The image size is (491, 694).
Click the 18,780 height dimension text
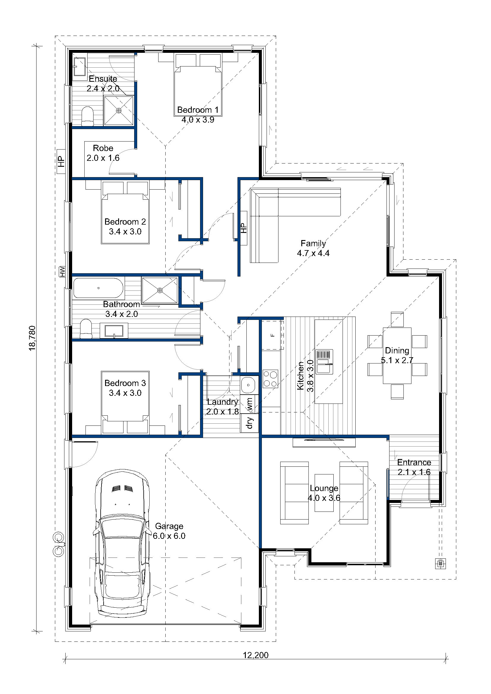point(32,338)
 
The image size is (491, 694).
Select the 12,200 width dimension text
point(256,655)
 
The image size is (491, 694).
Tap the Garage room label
point(169,526)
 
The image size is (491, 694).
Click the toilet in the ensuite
point(87,116)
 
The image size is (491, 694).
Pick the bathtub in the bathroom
point(98,288)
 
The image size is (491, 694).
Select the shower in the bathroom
point(160,290)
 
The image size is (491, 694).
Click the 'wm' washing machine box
point(249,404)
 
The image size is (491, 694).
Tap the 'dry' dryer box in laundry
point(249,423)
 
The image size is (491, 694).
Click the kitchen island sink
point(324,361)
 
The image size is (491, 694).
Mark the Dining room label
point(397,351)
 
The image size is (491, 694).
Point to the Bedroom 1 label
point(198,110)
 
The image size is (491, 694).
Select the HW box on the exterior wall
point(62,271)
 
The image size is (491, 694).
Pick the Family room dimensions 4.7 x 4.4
point(313,253)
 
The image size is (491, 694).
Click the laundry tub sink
point(248,385)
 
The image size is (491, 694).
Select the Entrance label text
point(414,463)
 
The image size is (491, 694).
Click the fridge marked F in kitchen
point(273,335)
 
